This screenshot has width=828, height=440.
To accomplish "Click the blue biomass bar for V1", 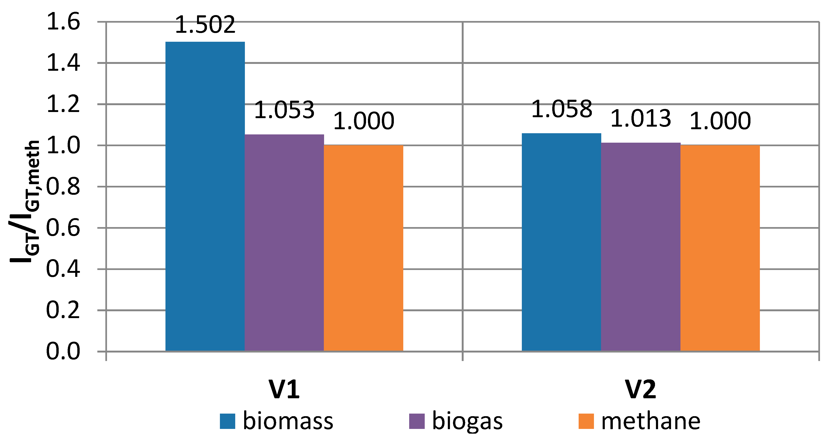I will [205, 196].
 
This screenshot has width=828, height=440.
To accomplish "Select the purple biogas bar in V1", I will [284, 243].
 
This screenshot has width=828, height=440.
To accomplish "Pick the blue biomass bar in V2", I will [561, 242].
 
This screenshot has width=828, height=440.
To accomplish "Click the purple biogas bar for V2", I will [641, 247].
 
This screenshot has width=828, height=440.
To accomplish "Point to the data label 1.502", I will [205, 25].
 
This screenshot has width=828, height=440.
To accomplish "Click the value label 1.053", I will [284, 110].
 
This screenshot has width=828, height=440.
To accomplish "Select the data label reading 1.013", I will [641, 118].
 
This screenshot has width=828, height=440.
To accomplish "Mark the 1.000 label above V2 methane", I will [720, 121].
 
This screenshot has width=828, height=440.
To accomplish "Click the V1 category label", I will [284, 390].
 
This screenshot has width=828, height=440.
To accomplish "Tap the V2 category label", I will [641, 390].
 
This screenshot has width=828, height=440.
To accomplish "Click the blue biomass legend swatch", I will [227, 421].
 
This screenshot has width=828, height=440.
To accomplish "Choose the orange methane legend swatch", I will [586, 421].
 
